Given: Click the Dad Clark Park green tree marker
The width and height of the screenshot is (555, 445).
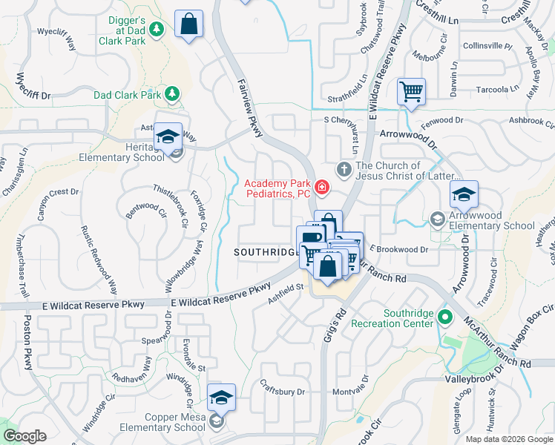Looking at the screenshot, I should point(172,94).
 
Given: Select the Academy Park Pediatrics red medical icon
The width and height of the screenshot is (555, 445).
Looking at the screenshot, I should point(321,187).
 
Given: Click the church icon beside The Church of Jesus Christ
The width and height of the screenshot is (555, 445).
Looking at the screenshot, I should point(344,170).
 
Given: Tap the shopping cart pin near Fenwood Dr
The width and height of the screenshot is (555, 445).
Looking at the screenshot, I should point(411,93).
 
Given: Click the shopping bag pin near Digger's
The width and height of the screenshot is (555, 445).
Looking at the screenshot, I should point(189,24).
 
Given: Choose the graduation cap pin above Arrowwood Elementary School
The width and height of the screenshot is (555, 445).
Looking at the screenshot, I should point(464,195).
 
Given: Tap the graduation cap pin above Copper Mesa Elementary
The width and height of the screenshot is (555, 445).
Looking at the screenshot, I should point(220,398).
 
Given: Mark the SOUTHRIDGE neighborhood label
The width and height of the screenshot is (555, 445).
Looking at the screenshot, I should point(265,252).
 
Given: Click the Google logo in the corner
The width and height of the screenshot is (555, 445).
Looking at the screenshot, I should point(24,436).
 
